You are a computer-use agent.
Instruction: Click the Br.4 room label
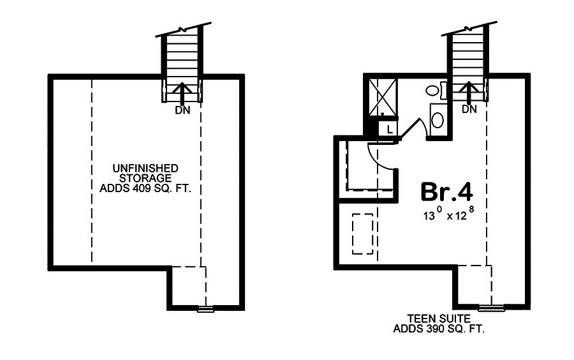click(446, 191)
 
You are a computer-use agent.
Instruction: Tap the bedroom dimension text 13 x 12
click(449, 214)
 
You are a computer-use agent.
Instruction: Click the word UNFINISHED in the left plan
click(145, 169)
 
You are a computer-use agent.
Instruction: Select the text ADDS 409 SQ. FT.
click(145, 188)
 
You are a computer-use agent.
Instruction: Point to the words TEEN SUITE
click(439, 319)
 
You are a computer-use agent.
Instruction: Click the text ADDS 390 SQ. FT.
click(439, 329)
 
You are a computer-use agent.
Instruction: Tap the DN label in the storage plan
click(182, 110)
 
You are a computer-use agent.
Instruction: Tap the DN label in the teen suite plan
click(469, 109)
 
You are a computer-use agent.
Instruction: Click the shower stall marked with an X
click(383, 96)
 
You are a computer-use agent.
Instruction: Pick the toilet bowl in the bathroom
click(432, 91)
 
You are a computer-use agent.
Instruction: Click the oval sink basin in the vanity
click(438, 120)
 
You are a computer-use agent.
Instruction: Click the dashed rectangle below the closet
click(362, 234)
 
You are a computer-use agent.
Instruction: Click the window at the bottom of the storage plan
click(206, 309)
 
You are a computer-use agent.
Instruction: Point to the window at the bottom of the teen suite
click(492, 308)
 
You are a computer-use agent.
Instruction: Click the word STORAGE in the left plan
click(145, 178)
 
